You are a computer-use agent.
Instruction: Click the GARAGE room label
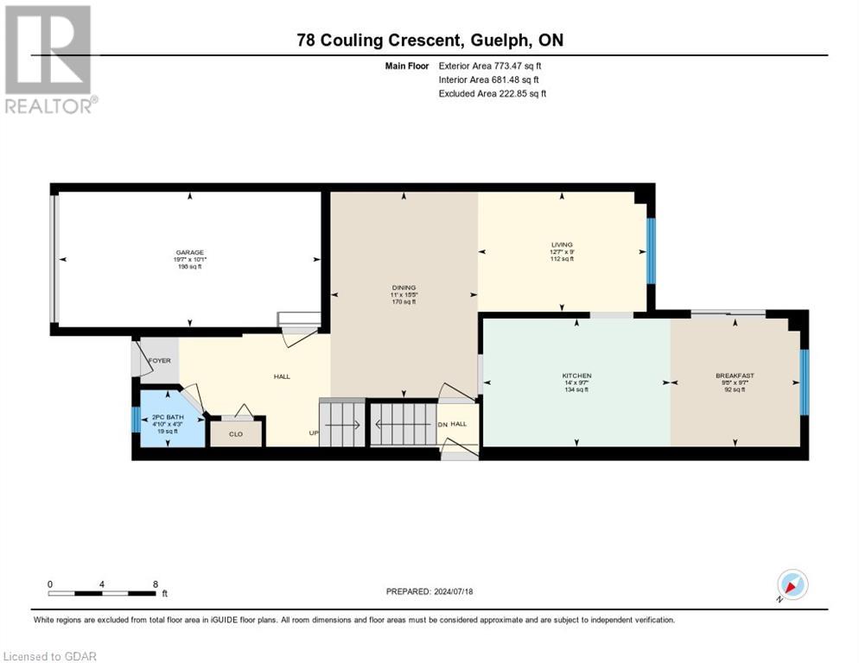[x=189, y=253]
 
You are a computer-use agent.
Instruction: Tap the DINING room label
[x=404, y=287]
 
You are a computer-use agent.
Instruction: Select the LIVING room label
[x=562, y=244]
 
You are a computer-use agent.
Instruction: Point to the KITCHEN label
[x=576, y=376]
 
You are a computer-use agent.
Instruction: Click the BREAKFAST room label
[x=735, y=376]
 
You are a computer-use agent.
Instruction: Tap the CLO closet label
[x=235, y=434]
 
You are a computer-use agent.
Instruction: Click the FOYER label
[x=160, y=360]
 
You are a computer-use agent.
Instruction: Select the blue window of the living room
[x=651, y=250]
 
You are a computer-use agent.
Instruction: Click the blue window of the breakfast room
[x=804, y=381]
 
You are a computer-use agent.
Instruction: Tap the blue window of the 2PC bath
[x=135, y=420]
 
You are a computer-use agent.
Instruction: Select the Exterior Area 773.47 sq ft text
[x=491, y=66]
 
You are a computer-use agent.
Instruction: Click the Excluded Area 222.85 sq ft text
[x=493, y=93]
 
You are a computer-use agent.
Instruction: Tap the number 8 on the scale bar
[x=155, y=584]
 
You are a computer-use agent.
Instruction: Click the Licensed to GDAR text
[x=49, y=656]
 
